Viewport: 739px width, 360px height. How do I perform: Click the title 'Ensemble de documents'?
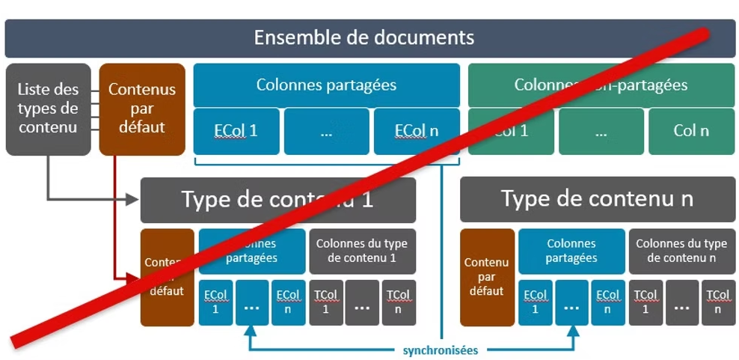pos(364,37)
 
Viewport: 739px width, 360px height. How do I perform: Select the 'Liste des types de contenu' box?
pos(48,109)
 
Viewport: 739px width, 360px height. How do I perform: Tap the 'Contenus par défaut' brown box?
pos(142,109)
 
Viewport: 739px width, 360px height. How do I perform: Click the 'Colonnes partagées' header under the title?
pos(326,85)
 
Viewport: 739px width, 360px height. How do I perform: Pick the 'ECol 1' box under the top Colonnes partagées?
pos(236,131)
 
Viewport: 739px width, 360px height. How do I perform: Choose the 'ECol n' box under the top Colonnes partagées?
pos(417,131)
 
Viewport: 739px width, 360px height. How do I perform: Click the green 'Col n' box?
pos(691,131)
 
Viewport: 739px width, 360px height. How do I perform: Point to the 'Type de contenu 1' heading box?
pos(277,199)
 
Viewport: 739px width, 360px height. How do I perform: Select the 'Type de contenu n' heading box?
pos(597,199)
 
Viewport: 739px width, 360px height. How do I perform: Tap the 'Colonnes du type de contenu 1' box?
pos(361,251)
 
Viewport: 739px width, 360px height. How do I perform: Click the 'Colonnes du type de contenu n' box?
pos(681,251)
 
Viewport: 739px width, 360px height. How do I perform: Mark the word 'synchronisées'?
pos(440,350)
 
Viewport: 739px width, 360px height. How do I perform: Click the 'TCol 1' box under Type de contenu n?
pos(646,302)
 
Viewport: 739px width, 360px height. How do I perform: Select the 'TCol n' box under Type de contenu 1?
pos(398,302)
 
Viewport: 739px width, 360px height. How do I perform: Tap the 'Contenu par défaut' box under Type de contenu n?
pos(487,277)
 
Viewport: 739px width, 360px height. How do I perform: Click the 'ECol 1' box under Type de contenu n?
pos(535,302)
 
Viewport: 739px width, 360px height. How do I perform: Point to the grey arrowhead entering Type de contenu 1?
pos(134,199)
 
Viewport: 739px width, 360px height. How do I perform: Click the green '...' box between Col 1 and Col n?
pos(601,131)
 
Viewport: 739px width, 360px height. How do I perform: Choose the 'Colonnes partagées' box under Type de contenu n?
pos(571,251)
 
